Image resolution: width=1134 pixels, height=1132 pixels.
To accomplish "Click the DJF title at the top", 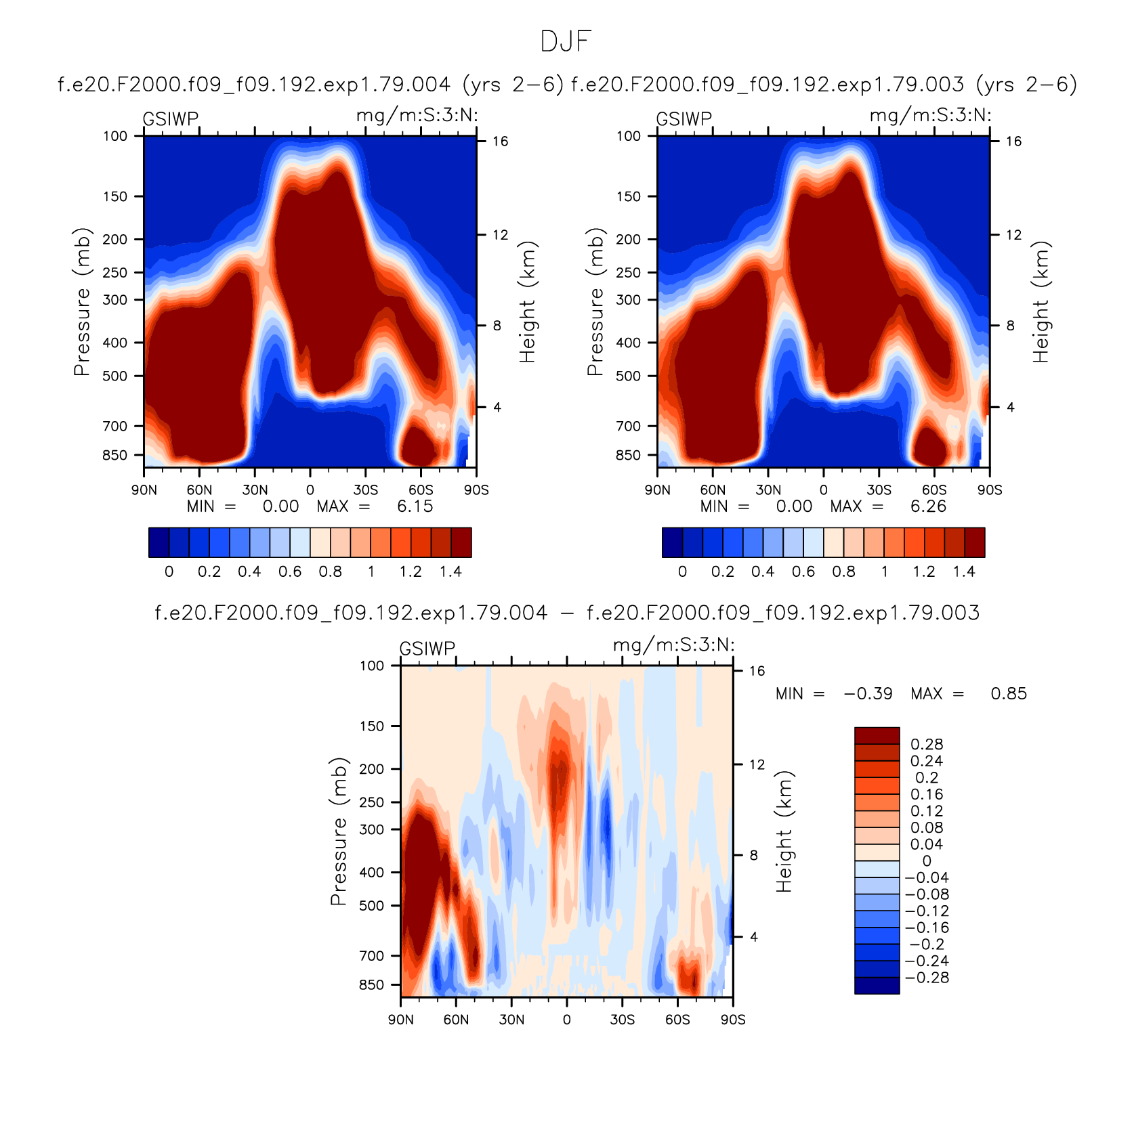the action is (x=566, y=42).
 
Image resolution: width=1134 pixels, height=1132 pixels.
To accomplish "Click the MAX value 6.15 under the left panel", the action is (x=415, y=506).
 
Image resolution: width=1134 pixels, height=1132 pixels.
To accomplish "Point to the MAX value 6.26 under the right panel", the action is (x=928, y=506).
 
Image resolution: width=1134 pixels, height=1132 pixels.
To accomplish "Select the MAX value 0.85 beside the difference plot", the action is (x=1009, y=694).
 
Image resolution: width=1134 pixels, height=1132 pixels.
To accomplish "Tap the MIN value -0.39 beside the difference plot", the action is (x=868, y=694).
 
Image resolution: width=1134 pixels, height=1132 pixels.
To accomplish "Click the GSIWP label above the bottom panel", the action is (x=427, y=649).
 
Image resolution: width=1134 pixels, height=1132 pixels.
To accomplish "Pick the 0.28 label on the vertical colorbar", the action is (x=927, y=745).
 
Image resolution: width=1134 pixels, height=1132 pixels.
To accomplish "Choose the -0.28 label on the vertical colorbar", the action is (x=927, y=978).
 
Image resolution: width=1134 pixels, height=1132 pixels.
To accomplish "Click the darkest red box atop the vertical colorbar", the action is (x=877, y=736).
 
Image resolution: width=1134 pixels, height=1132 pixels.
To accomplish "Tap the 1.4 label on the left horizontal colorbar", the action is (x=450, y=571).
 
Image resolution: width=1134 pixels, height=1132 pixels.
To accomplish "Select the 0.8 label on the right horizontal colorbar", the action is (x=843, y=571).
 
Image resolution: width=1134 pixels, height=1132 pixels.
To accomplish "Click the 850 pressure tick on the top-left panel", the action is (x=114, y=455).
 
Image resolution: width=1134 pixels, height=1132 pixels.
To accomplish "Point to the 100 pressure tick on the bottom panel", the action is (x=371, y=666).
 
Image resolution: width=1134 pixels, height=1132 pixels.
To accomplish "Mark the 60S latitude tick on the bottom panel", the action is (x=677, y=1020).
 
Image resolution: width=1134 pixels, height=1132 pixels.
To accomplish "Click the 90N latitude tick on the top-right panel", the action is (x=657, y=490).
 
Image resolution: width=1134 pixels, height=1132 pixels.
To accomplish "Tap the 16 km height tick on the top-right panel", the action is (x=1013, y=141).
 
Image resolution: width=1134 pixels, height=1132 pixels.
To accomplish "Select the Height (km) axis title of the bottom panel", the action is (x=784, y=831).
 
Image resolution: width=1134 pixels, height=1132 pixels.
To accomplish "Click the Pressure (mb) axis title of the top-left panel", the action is (x=81, y=302).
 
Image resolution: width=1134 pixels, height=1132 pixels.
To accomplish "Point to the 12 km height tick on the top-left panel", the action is (x=500, y=235).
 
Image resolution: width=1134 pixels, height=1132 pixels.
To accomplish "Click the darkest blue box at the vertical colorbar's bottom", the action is (x=877, y=986).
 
